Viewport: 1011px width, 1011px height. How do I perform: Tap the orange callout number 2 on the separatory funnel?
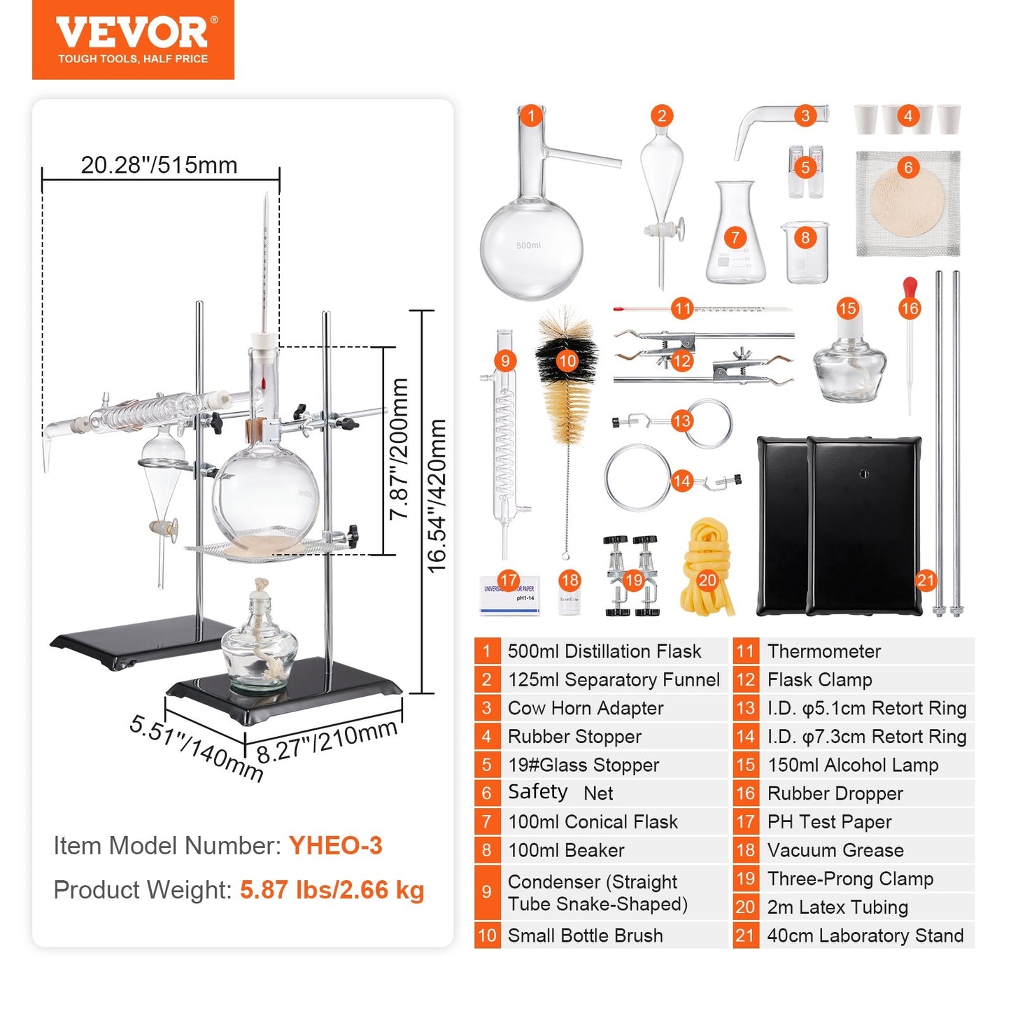661,115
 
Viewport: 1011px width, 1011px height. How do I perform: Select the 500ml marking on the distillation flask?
528,246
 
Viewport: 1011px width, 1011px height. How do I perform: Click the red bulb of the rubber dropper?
910,286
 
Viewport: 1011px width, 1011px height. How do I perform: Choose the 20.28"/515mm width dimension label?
159,165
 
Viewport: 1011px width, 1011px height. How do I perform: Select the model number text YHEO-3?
335,846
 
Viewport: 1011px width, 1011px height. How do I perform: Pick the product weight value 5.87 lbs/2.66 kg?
332,890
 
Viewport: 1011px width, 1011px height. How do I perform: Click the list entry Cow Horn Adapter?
585,708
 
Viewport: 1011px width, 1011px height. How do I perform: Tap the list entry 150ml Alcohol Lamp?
852,765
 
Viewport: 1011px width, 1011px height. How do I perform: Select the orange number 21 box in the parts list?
745,935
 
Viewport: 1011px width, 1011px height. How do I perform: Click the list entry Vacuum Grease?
835,850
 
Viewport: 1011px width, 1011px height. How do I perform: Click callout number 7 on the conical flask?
735,238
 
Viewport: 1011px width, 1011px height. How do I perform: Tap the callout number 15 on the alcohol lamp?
847,309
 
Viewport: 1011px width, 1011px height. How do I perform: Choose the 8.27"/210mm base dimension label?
327,742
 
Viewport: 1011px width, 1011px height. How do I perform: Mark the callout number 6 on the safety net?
908,167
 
